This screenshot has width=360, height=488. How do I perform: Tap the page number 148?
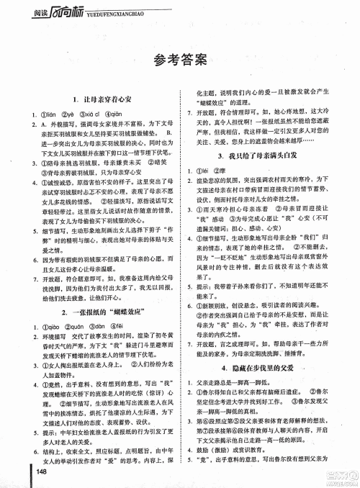pos(40,471)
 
